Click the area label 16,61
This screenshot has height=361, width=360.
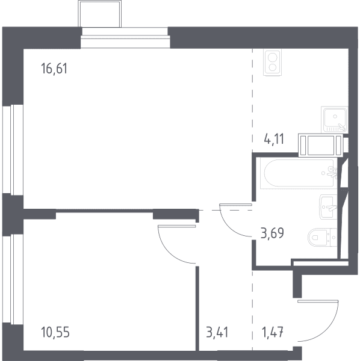pos(54,69)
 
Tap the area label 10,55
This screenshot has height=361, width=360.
pos(55,333)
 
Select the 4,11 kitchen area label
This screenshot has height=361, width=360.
pos(274,139)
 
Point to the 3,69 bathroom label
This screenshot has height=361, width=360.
pos(272,233)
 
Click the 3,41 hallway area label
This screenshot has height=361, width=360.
pos(217,333)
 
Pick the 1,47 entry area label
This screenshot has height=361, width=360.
pos(273,333)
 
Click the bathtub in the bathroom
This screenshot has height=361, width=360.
pos(299,173)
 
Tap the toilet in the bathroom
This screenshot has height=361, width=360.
pos(323,237)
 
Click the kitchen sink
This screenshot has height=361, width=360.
pos(335,120)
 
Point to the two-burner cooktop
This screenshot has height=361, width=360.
pos(273,63)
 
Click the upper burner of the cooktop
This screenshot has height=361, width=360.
pos(273,57)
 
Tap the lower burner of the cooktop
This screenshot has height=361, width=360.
pos(273,67)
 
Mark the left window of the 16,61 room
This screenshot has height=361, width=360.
pos(13,150)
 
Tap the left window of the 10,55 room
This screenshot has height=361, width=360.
pos(13,279)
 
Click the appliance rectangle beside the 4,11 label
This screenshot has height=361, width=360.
pos(320,145)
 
